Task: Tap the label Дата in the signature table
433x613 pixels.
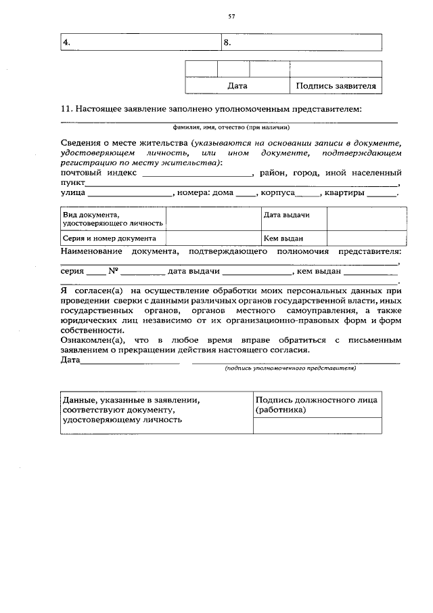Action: click(237, 86)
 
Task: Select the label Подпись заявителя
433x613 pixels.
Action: click(336, 86)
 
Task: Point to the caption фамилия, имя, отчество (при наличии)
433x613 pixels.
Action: click(231, 127)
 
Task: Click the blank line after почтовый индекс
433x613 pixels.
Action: click(197, 173)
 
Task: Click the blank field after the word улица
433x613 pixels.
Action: click(131, 194)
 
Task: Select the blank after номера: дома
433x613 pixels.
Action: click(246, 194)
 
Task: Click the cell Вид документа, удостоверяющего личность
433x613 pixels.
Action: click(109, 218)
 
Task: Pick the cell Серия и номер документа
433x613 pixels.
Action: click(109, 238)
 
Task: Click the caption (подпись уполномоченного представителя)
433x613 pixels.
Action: click(290, 368)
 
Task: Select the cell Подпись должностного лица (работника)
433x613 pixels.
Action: click(317, 405)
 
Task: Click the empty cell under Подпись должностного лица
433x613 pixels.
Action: click(317, 425)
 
